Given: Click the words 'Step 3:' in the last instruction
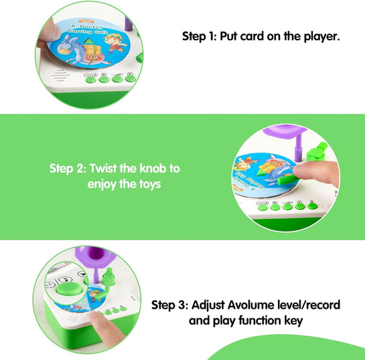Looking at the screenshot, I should (170, 305).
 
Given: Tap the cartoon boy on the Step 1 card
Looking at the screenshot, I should (114, 44).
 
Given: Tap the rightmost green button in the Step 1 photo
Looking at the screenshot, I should (130, 77).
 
